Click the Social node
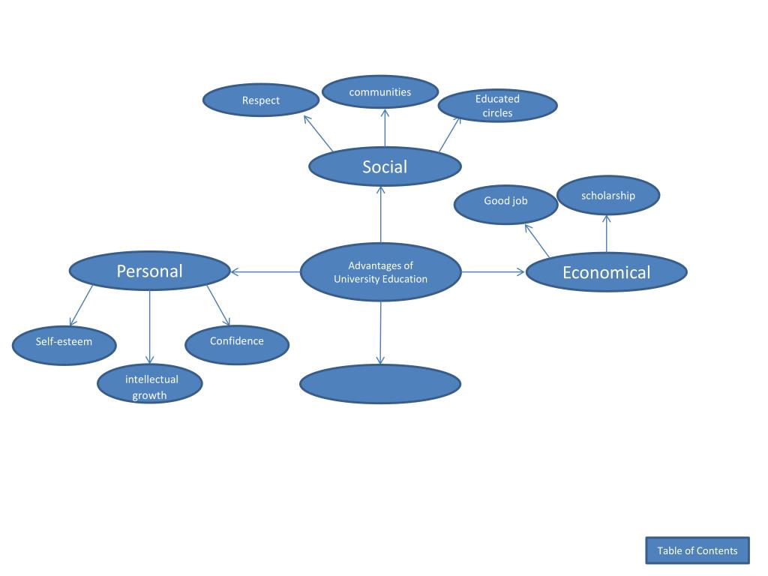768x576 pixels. (385, 166)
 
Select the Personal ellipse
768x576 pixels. (149, 271)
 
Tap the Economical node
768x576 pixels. (606, 271)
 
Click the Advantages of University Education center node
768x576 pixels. (380, 272)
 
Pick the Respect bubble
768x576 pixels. (261, 100)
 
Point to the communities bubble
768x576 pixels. (380, 92)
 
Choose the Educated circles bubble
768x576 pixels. (497, 106)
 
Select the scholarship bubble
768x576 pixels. (607, 196)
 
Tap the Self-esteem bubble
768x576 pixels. (64, 345)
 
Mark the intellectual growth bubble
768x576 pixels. (150, 384)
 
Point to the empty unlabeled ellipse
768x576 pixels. (380, 384)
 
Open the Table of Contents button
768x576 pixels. (697, 550)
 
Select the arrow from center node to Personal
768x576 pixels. (265, 272)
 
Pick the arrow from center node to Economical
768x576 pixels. (493, 272)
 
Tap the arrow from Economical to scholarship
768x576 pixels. (607, 233)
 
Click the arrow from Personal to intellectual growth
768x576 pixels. (150, 327)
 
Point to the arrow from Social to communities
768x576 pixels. (385, 127)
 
